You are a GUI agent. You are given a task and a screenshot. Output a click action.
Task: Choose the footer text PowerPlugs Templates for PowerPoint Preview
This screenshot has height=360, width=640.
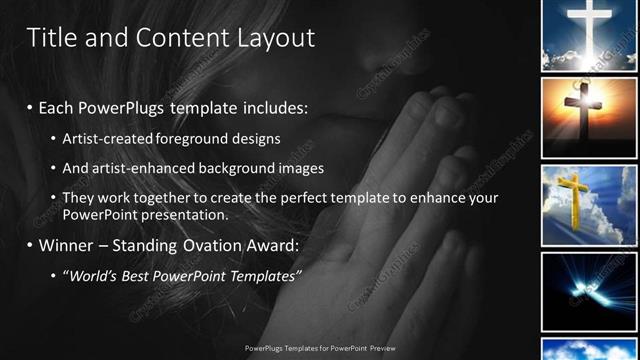(319, 349)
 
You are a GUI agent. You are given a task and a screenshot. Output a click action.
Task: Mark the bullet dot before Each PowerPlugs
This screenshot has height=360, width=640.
(30, 107)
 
